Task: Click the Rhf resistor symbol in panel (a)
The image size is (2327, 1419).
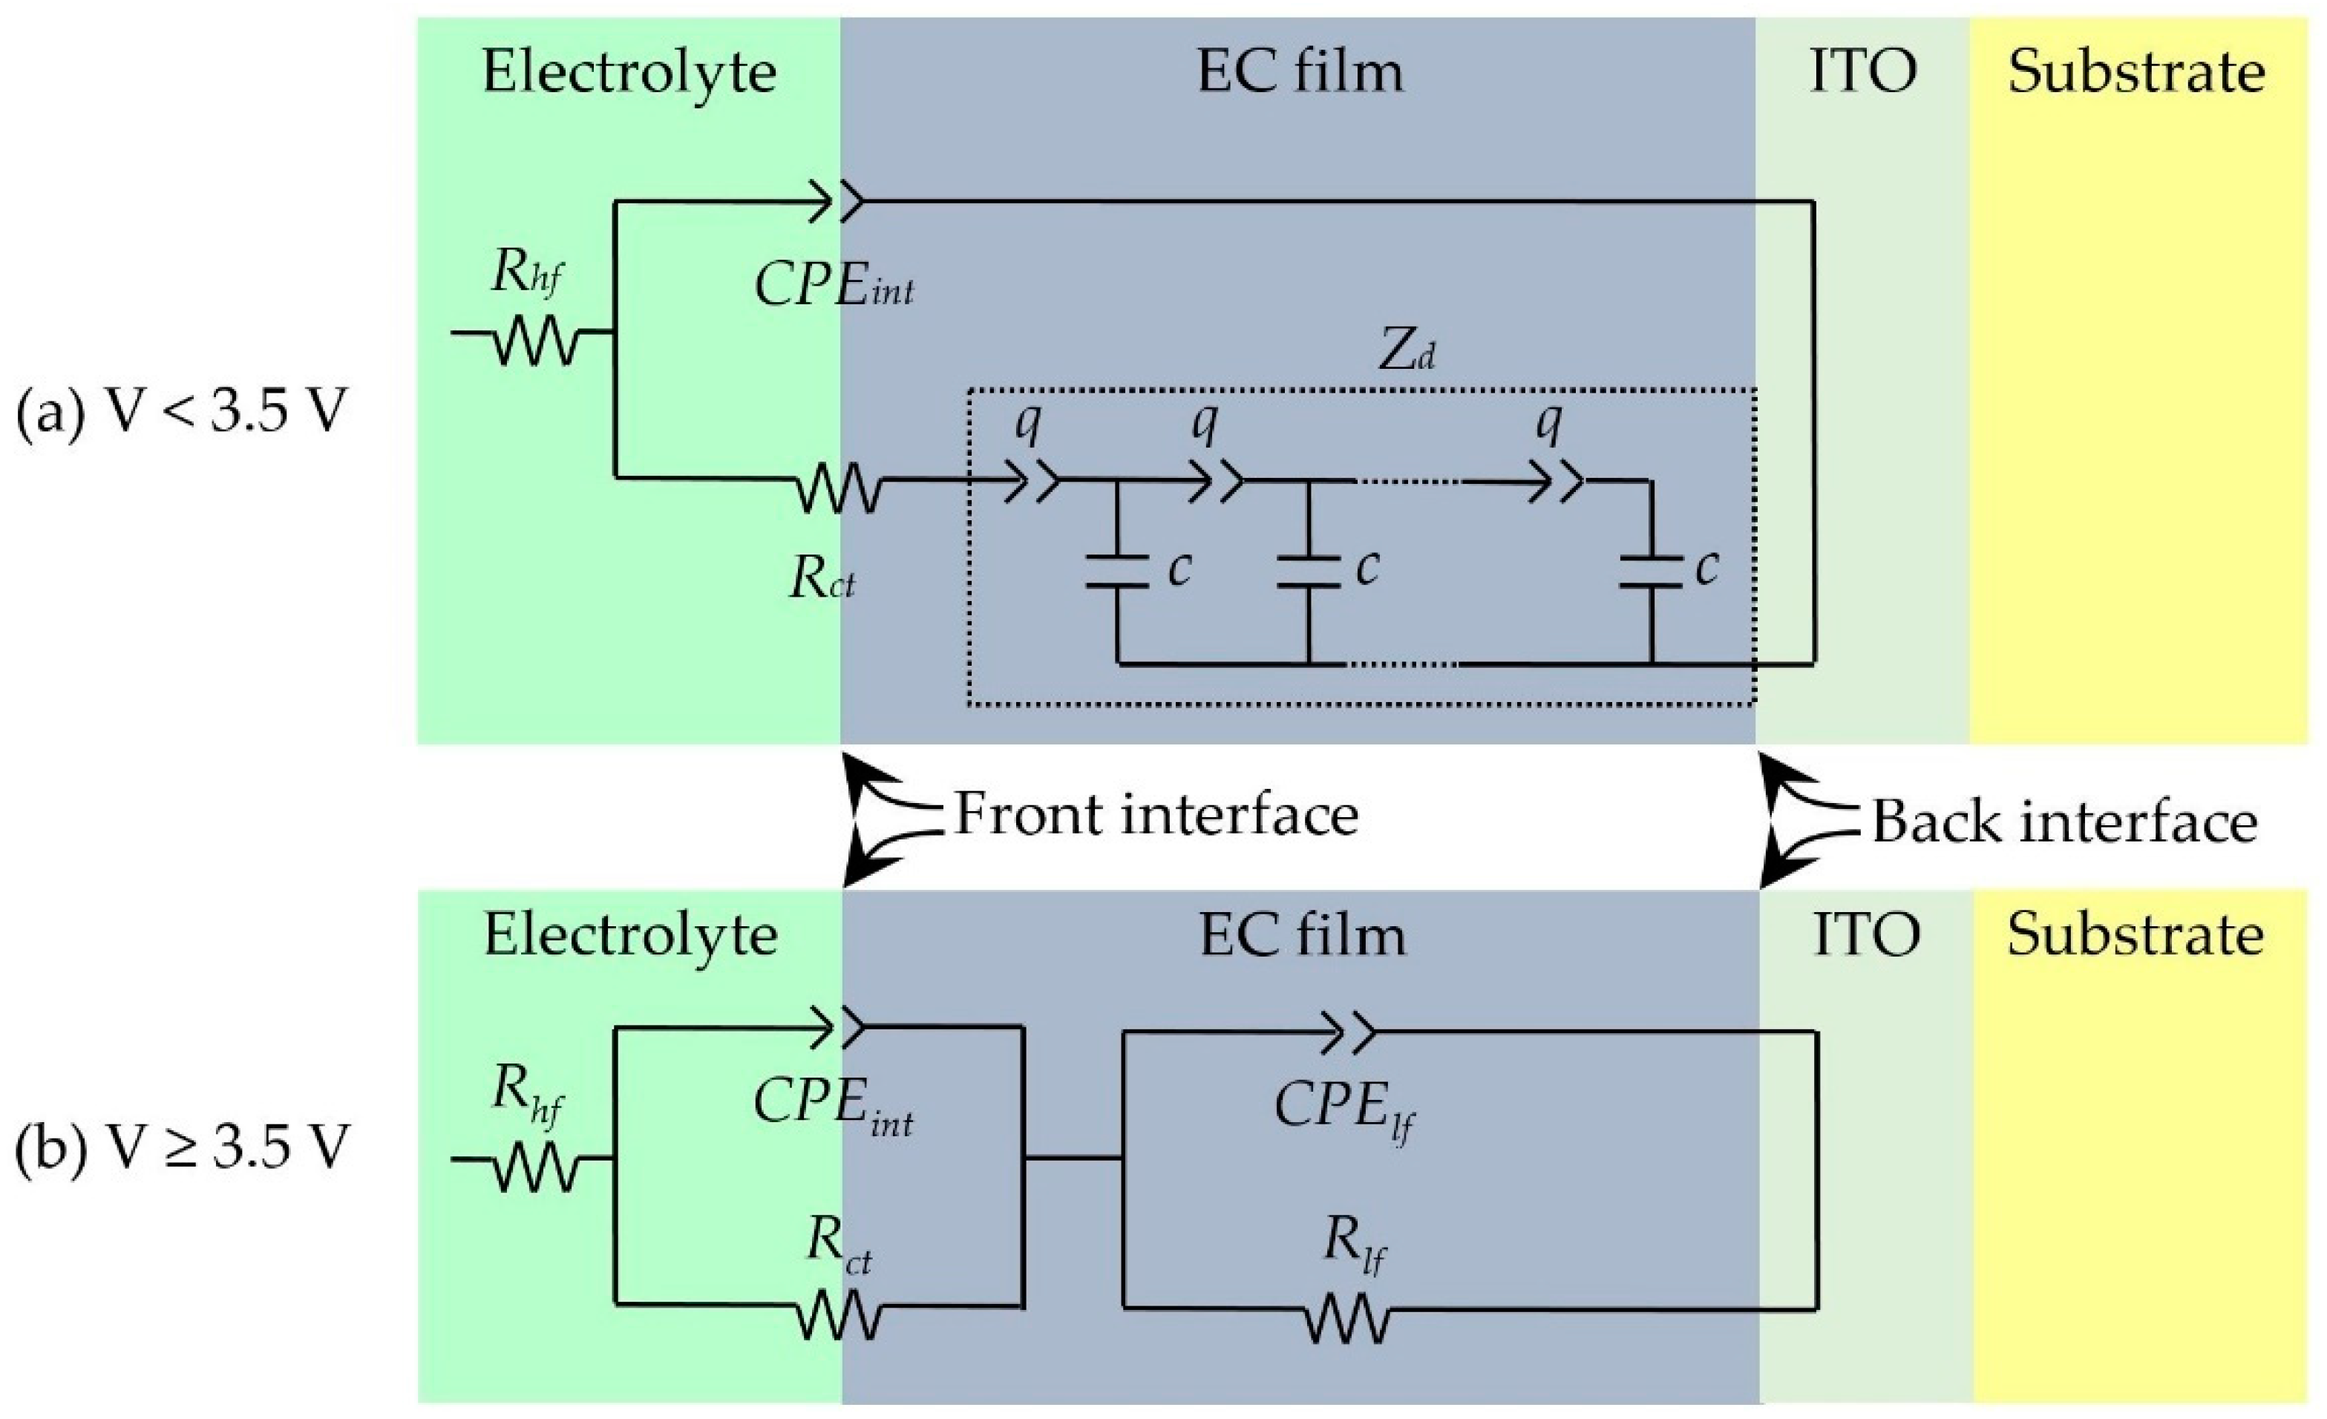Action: coord(534,333)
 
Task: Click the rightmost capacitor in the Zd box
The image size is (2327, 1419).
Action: coord(1652,571)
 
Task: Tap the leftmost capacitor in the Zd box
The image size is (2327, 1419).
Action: coord(1117,571)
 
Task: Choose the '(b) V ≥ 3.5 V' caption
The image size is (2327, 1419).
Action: coord(181,1151)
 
